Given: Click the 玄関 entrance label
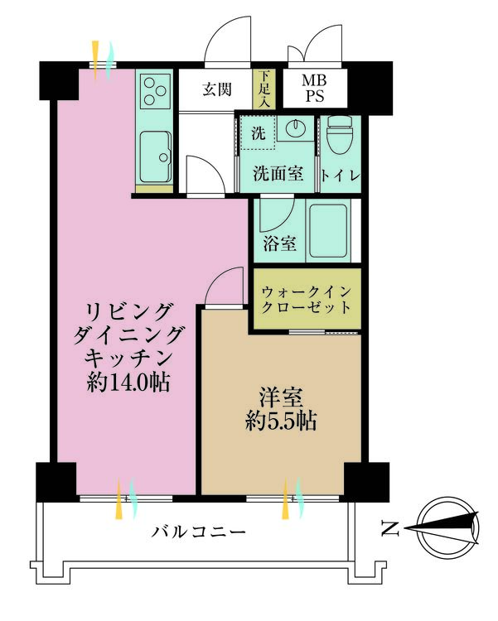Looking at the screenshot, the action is tap(217, 90).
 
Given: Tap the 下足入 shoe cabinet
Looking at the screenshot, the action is tap(262, 89).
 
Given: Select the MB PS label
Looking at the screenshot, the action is tap(315, 89).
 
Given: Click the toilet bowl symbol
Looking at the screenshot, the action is tap(340, 136).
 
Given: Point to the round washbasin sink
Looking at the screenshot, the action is tap(295, 128).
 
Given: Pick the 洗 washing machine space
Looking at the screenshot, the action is tap(259, 133).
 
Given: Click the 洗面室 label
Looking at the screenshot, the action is tap(278, 173).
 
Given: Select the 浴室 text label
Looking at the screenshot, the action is tap(280, 243).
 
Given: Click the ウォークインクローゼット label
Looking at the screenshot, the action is tap(307, 300).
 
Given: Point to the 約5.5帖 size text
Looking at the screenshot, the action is tap(281, 421).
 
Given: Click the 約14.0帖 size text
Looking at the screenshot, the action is tap(128, 383).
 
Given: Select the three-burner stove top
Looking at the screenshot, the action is tap(154, 91).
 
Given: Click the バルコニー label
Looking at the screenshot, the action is tap(199, 531).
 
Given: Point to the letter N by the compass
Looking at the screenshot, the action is tap(390, 528).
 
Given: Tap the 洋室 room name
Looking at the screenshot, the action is tap(281, 397).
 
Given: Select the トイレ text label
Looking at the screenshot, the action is tap(341, 176).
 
